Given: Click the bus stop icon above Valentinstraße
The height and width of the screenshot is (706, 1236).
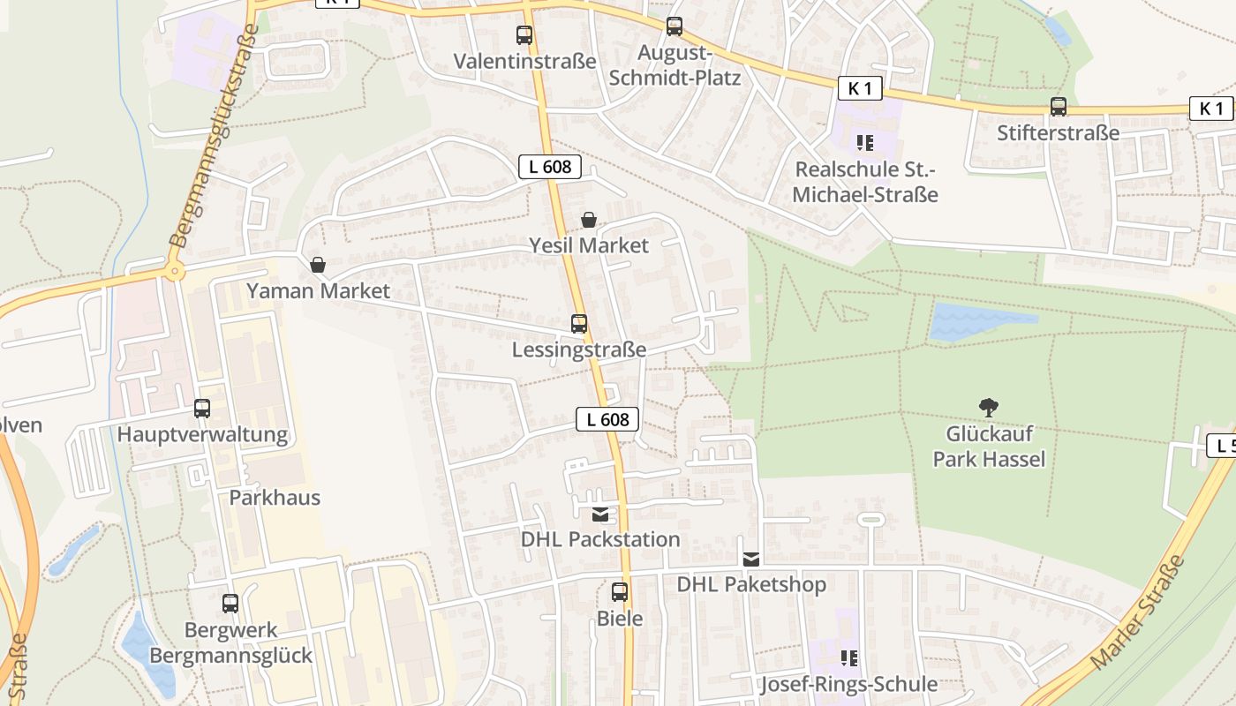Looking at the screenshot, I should (x=524, y=36).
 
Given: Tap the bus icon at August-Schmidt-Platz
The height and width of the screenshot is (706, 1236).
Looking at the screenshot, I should (x=675, y=26).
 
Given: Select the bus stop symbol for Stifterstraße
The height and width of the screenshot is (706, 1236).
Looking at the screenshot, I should (x=1059, y=107).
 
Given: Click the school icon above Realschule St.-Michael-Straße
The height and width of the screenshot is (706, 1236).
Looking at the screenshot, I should (x=864, y=142).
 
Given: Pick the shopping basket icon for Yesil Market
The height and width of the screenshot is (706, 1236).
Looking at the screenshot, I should (x=589, y=220).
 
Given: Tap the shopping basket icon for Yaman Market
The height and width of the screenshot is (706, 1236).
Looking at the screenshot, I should (x=318, y=265).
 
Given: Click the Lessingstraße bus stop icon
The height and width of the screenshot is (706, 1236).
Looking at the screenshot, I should (x=579, y=324).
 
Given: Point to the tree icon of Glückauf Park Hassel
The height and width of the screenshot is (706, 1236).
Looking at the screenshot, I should (x=989, y=407).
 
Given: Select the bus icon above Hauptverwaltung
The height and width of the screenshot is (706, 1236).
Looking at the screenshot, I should (x=202, y=409).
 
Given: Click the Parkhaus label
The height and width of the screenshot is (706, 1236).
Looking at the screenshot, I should (x=275, y=498).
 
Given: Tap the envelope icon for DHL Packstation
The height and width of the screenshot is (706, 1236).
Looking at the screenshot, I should (x=600, y=514).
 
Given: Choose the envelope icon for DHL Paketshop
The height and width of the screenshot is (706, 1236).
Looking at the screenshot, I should (x=751, y=559).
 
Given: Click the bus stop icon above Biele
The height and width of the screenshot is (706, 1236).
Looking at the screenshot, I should (x=620, y=592).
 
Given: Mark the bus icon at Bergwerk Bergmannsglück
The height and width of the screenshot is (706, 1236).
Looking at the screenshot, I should (x=230, y=604).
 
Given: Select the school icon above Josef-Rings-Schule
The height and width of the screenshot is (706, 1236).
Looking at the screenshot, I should (x=849, y=657).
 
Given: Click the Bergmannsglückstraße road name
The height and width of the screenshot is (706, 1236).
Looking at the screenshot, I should (x=215, y=135).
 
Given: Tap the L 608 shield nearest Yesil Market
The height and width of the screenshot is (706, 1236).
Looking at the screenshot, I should (x=549, y=166).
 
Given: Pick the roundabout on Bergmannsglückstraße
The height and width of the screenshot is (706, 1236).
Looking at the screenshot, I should (x=175, y=271).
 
